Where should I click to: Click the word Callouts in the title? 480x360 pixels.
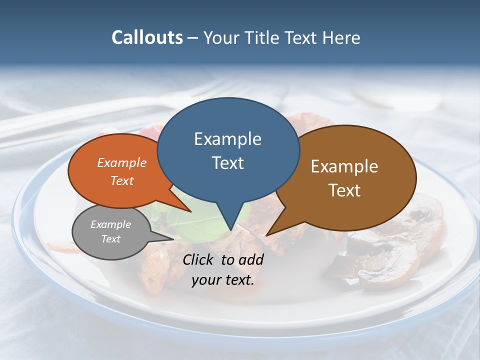point(147,37)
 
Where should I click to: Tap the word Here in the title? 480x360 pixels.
point(341,37)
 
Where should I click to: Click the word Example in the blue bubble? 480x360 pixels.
point(227,139)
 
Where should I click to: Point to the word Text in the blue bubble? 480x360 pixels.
point(227,163)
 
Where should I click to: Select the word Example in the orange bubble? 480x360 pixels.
point(122,162)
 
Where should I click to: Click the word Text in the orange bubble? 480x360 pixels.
point(122,180)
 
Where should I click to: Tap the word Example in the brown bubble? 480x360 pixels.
point(344,166)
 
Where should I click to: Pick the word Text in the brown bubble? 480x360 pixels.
point(344,190)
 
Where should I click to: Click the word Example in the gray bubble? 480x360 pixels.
point(110,224)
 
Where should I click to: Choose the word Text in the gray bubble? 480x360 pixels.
point(110,239)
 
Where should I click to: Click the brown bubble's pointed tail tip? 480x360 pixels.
point(266,235)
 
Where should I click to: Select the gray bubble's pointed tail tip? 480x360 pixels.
point(173,239)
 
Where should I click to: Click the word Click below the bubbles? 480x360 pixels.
point(199,259)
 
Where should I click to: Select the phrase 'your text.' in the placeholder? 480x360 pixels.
point(223,280)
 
